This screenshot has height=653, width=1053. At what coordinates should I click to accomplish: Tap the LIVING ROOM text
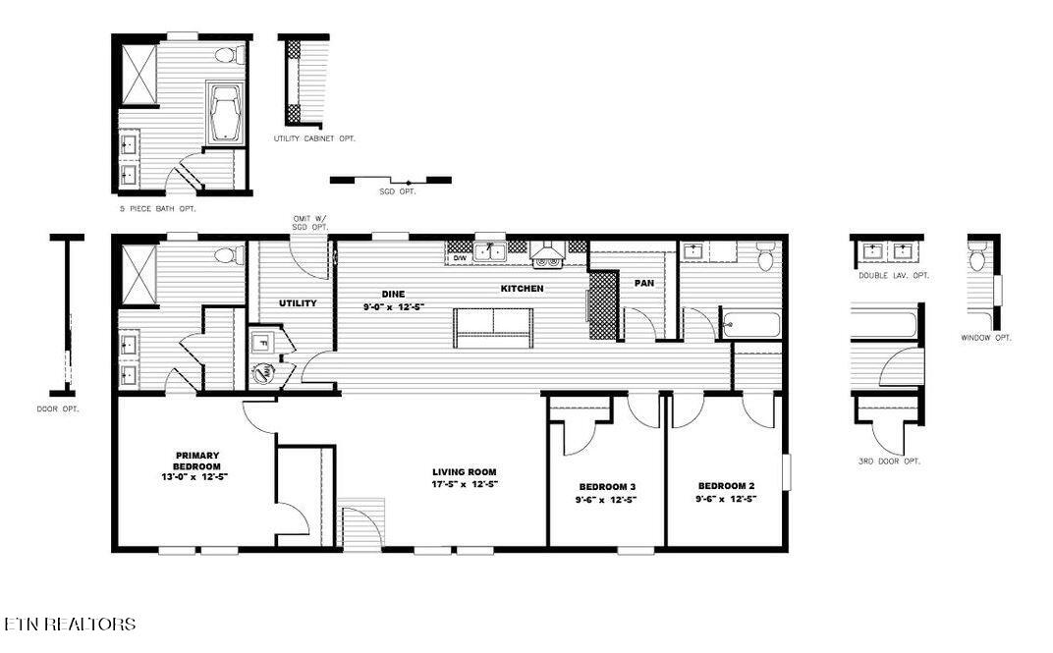click(x=465, y=477)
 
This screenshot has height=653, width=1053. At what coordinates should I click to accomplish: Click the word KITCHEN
click(x=523, y=289)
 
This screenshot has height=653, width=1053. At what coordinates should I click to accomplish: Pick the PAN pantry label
click(x=644, y=283)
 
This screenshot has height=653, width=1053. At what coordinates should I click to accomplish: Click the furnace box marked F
click(x=262, y=344)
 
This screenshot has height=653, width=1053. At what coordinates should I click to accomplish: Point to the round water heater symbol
click(x=263, y=373)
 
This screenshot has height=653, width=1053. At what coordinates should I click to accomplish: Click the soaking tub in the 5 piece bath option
click(x=226, y=114)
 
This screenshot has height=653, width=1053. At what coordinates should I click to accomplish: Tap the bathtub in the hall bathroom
click(x=750, y=324)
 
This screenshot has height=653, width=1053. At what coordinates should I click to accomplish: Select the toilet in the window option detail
click(x=977, y=259)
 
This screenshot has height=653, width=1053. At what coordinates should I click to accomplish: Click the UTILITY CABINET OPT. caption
click(x=314, y=139)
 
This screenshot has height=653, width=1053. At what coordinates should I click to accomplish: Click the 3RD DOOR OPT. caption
click(x=888, y=461)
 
